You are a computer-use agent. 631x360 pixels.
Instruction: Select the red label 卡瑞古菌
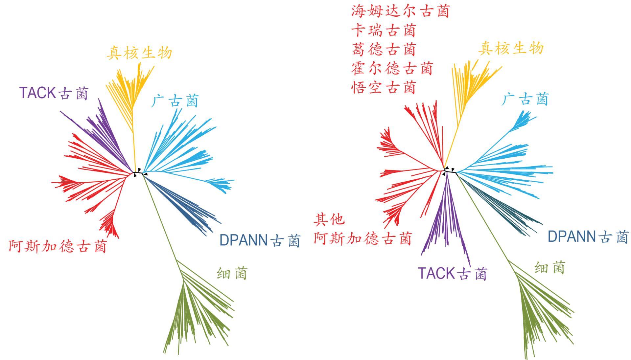pos(383,31)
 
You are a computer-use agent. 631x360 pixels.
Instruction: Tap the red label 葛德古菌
pos(383,50)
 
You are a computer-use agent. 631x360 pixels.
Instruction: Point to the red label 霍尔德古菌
pos(392,69)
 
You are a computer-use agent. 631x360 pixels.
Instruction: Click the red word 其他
pos(329,219)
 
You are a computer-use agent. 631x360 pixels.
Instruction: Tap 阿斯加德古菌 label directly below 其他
pos(362,238)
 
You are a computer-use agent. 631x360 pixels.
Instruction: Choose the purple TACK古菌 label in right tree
pos(452,273)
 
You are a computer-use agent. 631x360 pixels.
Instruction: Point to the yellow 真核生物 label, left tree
pos(139,53)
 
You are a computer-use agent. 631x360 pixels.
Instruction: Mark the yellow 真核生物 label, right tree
pos(511,49)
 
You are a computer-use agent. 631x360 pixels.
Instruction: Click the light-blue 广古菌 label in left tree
pos(175,101)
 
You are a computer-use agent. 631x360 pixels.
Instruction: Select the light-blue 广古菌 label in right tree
pos(525,99)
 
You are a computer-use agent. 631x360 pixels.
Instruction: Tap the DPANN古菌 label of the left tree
pos(260,240)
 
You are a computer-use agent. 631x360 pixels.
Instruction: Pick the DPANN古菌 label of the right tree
pos(588,236)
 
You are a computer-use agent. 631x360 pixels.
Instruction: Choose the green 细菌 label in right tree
pos(549,268)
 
